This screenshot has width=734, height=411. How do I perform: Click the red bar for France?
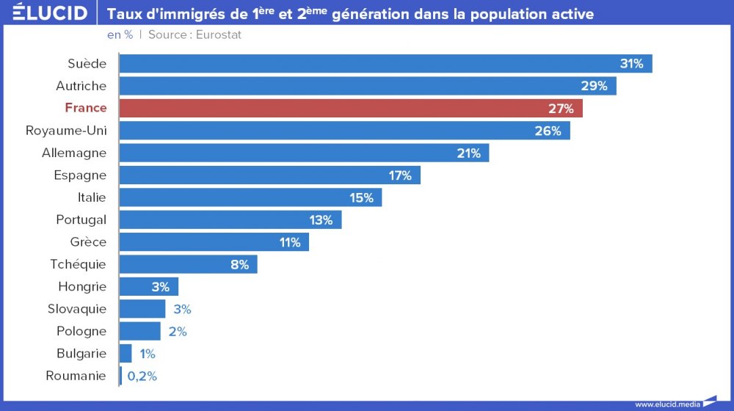pyautogui.click(x=351, y=109)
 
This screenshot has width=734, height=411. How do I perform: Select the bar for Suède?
pyautogui.click(x=385, y=64)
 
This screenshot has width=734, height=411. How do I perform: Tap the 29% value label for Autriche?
pyautogui.click(x=594, y=86)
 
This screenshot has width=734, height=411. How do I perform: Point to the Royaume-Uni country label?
pyautogui.click(x=66, y=131)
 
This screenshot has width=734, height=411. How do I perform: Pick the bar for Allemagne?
pyautogui.click(x=304, y=153)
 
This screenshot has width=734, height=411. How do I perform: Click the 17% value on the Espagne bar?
pyautogui.click(x=400, y=175)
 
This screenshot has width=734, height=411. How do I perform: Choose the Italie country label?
pyautogui.click(x=92, y=197)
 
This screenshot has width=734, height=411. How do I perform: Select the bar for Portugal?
pyautogui.click(x=230, y=219)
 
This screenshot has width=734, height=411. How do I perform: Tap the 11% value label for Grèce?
pyautogui.click(x=288, y=242)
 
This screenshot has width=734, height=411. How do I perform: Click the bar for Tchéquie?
pyautogui.click(x=188, y=264)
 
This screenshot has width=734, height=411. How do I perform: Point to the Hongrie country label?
pyautogui.click(x=82, y=287)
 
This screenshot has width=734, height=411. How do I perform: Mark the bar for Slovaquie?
pyautogui.click(x=142, y=309)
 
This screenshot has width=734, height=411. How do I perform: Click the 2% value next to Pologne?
pyautogui.click(x=178, y=332)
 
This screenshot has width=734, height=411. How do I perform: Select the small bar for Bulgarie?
pyautogui.click(x=126, y=354)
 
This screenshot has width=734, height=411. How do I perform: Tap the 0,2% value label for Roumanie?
pyautogui.click(x=142, y=377)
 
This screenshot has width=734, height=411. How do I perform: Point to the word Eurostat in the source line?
pyautogui.click(x=219, y=34)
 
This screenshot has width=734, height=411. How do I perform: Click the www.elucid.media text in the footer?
pyautogui.click(x=667, y=404)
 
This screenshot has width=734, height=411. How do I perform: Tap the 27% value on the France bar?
pyautogui.click(x=561, y=109)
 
